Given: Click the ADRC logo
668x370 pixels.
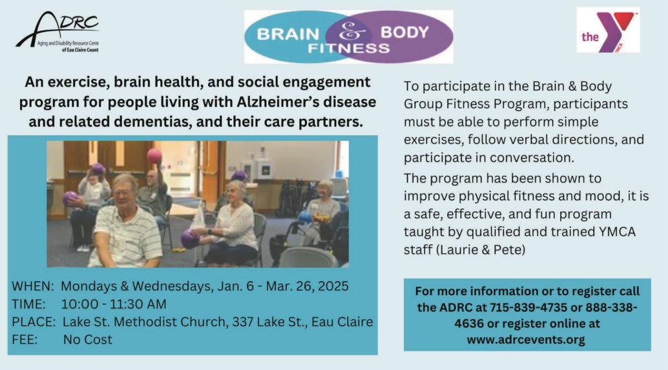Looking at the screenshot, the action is pos(57,32).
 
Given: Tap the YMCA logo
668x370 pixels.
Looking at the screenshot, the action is pos(608,30).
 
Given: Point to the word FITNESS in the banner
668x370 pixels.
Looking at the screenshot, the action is pos(348,48).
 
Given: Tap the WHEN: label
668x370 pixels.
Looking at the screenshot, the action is pos(33,286).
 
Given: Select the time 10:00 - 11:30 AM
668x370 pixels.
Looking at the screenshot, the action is pos(114,304).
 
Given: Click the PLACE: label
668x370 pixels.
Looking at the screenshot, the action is pos(34,322).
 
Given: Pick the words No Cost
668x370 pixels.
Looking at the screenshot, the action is pos(88,340).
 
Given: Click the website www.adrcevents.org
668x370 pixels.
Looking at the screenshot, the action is pos(526,340).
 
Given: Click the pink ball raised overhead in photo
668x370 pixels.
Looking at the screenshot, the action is pos(154,156).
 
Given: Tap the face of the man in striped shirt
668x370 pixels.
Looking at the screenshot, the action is pos(124,193).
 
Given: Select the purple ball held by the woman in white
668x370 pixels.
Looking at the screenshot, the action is pos(189,239).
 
